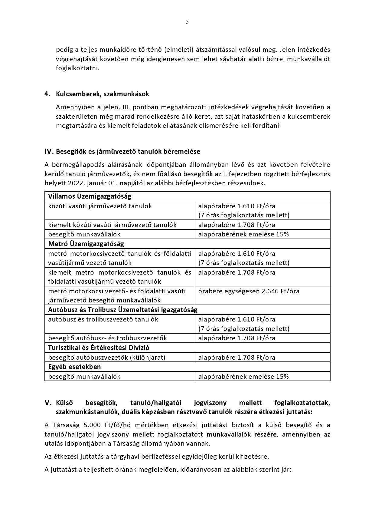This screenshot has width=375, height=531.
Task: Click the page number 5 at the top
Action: (x=187, y=21)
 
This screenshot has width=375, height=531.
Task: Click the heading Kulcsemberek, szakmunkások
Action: (x=102, y=94)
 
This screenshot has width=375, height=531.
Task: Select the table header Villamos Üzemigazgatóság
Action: (x=90, y=196)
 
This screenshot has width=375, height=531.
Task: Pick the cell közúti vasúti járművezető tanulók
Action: (x=100, y=206)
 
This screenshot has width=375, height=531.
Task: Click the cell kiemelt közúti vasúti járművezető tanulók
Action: (x=112, y=225)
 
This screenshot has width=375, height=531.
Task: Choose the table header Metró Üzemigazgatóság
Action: (x=86, y=244)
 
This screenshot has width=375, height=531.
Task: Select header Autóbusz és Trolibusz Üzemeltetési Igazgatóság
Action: (x=122, y=310)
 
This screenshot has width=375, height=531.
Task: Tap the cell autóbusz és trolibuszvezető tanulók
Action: (x=103, y=319)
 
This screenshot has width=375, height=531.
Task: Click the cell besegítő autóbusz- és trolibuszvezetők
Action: (x=107, y=338)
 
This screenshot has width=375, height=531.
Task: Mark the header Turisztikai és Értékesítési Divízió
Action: (x=99, y=348)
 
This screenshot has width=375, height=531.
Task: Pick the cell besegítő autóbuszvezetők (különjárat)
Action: (x=107, y=358)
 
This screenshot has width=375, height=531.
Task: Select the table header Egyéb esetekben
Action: (x=74, y=367)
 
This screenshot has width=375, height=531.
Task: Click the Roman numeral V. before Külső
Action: (x=49, y=403)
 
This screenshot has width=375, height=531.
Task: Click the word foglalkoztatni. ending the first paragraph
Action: (x=77, y=68)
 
